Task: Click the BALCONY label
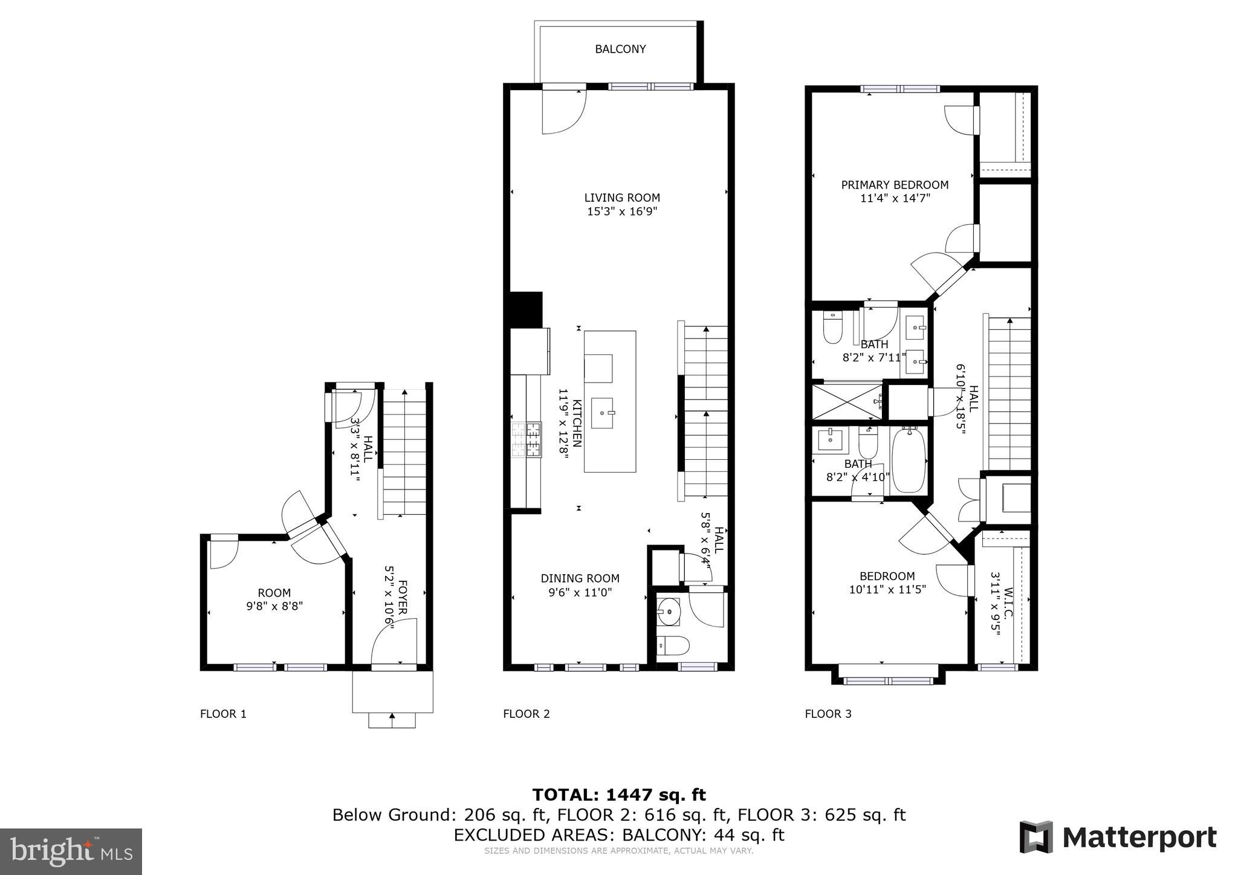(x=620, y=50)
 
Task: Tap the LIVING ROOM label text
(x=621, y=198)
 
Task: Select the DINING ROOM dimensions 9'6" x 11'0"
(x=580, y=593)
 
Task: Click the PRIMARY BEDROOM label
(x=895, y=185)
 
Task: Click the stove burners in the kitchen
(x=527, y=439)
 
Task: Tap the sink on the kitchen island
(x=602, y=413)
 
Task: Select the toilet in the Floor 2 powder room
(x=673, y=646)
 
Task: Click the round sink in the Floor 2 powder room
(x=669, y=612)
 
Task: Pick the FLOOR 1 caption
(x=223, y=714)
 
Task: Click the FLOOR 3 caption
(x=828, y=714)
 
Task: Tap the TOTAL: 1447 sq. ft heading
(x=618, y=795)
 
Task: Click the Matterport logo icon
(x=1035, y=837)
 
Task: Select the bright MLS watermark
(x=71, y=851)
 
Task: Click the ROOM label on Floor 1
(x=274, y=593)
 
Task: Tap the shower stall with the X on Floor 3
(x=846, y=401)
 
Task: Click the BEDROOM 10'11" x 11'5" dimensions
(x=887, y=589)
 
